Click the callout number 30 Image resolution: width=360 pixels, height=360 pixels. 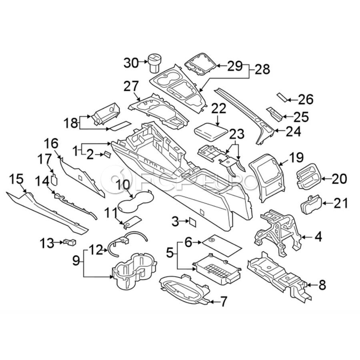131,62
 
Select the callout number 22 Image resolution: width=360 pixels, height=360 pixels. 219,108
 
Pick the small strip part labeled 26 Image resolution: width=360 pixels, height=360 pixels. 282,96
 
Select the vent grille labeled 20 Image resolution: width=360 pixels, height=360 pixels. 308,178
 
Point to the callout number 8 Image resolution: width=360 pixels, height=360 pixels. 322,285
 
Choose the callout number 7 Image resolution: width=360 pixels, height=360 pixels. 223,301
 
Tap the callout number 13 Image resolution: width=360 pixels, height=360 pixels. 46,242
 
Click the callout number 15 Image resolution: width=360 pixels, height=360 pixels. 16,178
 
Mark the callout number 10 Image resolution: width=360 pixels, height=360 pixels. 124,185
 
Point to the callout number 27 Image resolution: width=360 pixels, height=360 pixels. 131,86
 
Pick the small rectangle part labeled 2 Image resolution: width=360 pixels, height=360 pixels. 107,154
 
